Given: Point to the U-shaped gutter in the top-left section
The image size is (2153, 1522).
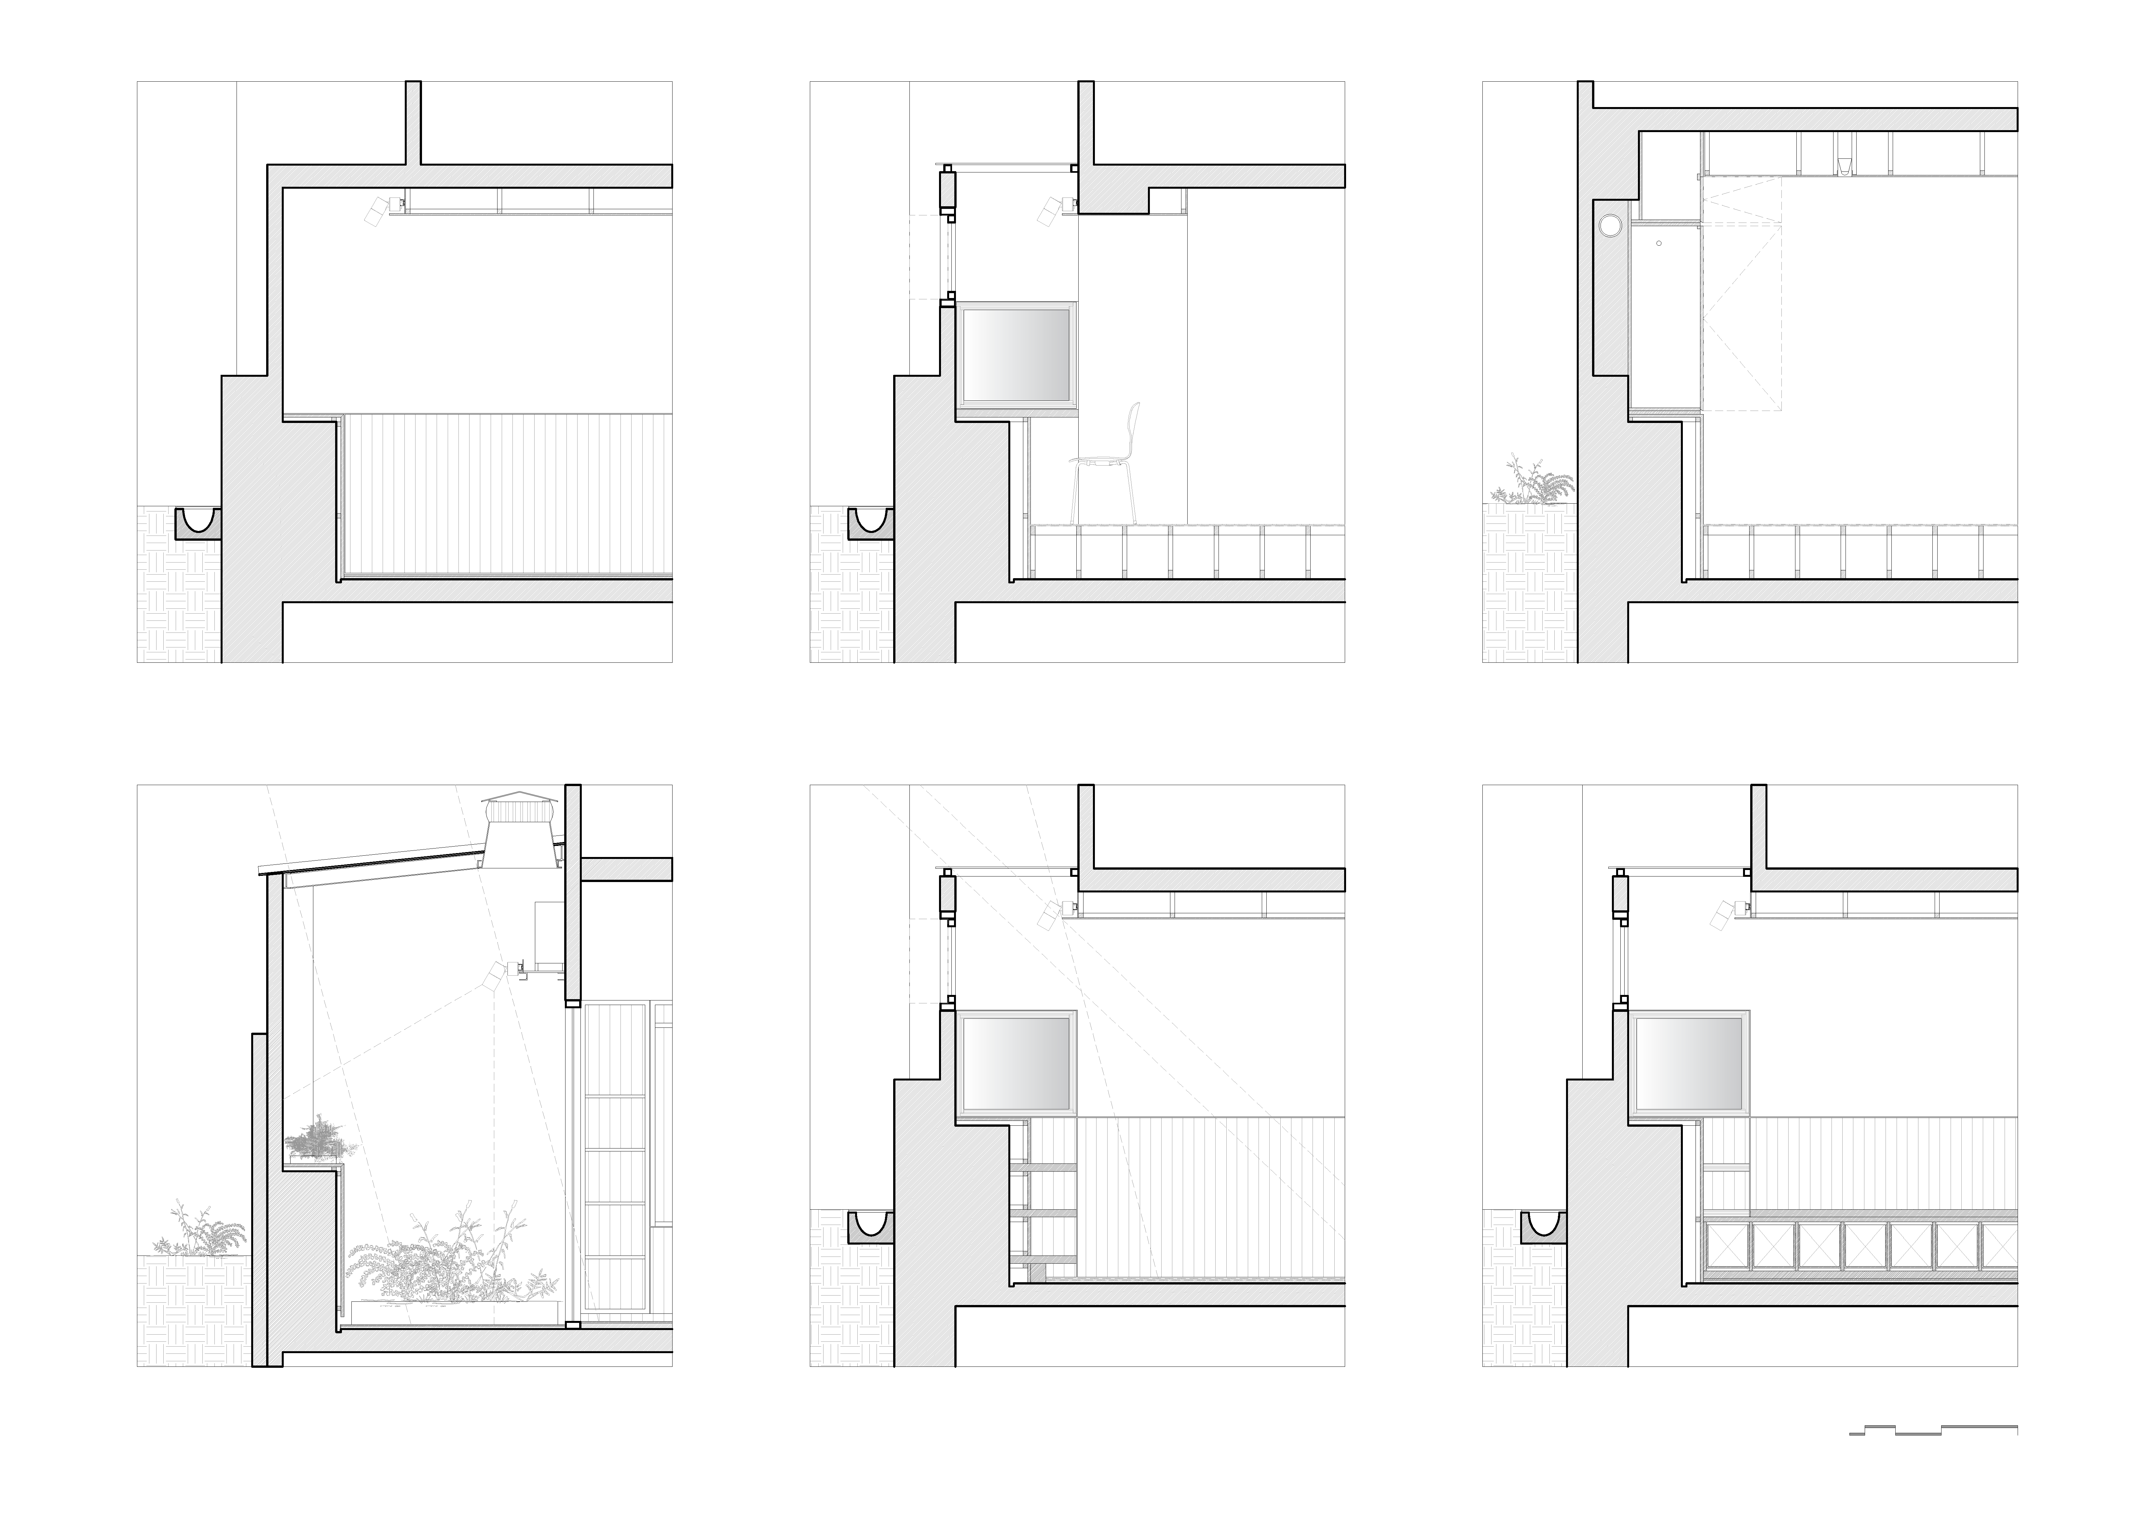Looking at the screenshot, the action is coord(199,523).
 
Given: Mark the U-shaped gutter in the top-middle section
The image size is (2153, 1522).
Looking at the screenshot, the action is coord(871,523).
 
